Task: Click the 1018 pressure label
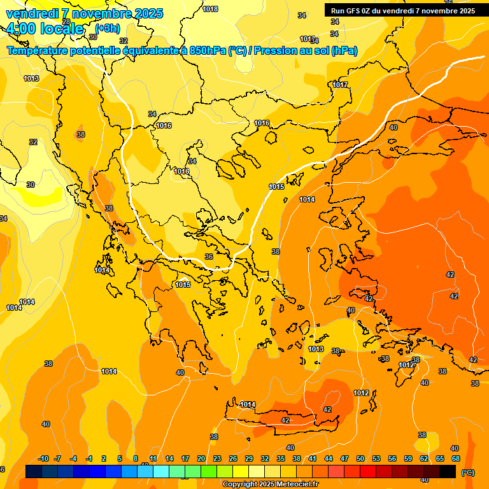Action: click(210, 9)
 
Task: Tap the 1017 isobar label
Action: click(340, 85)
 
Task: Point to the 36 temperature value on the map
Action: click(209, 257)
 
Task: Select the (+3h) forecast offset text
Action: click(107, 29)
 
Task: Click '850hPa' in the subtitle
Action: click(207, 50)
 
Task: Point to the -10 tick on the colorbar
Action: click(43, 458)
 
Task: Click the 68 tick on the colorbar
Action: click(455, 458)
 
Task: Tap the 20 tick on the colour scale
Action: click(201, 458)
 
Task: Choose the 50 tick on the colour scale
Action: click(360, 458)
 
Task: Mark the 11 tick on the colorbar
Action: click(153, 458)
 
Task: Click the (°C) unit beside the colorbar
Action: click(467, 472)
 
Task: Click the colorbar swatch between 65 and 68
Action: click(448, 471)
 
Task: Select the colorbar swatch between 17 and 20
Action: click(193, 471)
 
